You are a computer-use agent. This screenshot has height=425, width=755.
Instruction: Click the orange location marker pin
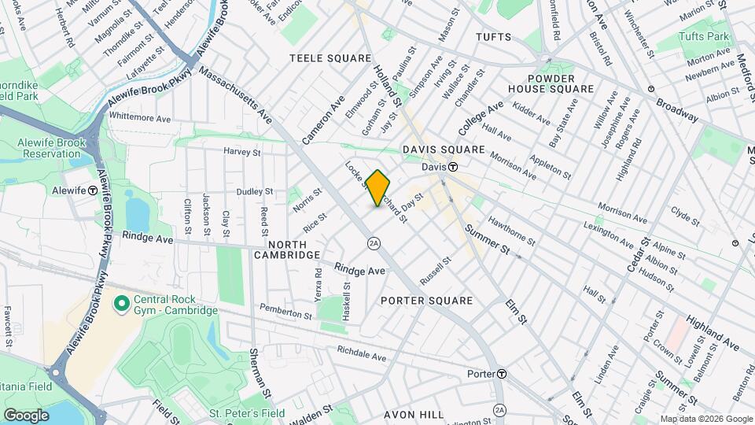coord(378,188)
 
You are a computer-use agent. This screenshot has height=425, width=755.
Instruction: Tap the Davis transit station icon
coord(454,167)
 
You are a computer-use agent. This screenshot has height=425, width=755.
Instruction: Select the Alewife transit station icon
coord(93,190)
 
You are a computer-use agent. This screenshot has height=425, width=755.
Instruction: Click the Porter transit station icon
coord(501,374)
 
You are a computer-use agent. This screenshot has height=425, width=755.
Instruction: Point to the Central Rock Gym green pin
coord(121,303)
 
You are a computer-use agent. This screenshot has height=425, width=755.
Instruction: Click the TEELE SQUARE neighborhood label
coord(330,58)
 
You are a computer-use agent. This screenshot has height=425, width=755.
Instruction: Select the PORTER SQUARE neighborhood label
coord(426,301)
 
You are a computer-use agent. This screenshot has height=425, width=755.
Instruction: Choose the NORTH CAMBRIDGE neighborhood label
coord(286,249)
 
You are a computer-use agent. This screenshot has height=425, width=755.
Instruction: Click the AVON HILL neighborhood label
coord(414,415)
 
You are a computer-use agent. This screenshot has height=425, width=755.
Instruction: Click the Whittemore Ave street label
coord(140,117)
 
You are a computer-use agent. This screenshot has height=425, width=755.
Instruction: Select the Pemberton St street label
coord(285,312)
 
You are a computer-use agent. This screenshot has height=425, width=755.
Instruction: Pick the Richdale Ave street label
coord(361,355)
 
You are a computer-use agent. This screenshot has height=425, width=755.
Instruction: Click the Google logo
coord(26,415)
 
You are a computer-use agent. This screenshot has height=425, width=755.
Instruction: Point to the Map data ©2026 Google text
coord(705,419)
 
